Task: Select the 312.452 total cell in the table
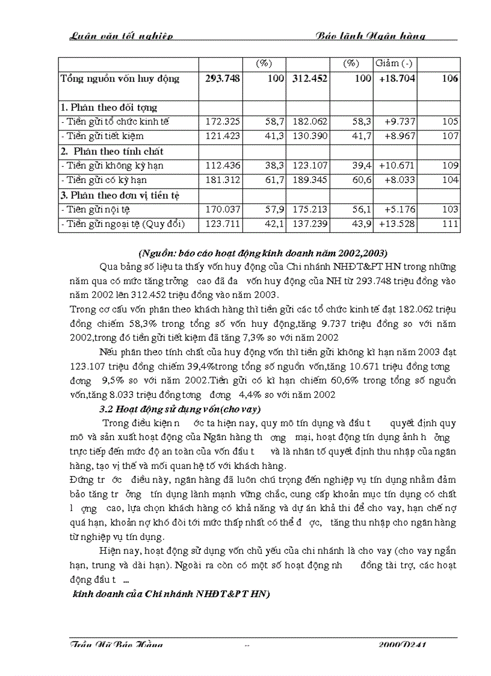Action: coord(308,79)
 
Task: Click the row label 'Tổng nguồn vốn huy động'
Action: coord(120,79)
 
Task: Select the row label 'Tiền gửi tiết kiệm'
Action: coord(103,136)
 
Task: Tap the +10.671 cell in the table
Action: coord(397,166)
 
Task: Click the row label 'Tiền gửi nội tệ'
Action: coord(97,209)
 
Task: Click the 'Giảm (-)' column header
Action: coord(394,63)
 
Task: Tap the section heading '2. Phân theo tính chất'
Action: coord(112,151)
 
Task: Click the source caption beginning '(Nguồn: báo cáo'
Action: coord(262,252)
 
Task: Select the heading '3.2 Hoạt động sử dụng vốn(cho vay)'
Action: coord(179,409)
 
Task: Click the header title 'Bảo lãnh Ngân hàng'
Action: coord(371,36)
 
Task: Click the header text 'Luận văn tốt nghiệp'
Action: coord(122,36)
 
